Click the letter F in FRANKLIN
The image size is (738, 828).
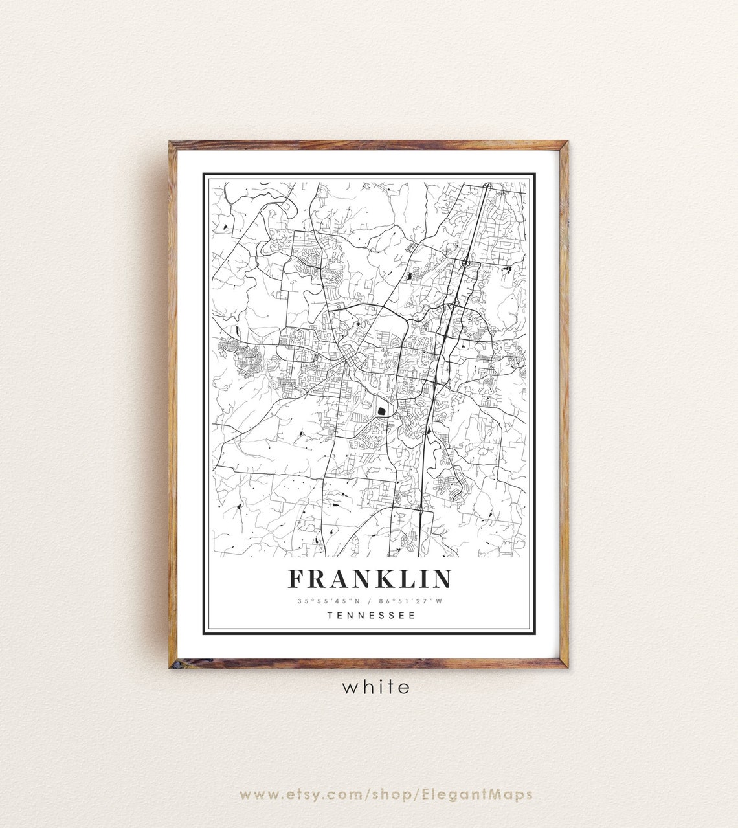(297, 579)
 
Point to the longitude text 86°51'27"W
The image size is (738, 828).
(411, 601)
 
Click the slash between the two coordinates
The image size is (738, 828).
(370, 601)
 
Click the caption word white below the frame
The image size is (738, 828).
(376, 687)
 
